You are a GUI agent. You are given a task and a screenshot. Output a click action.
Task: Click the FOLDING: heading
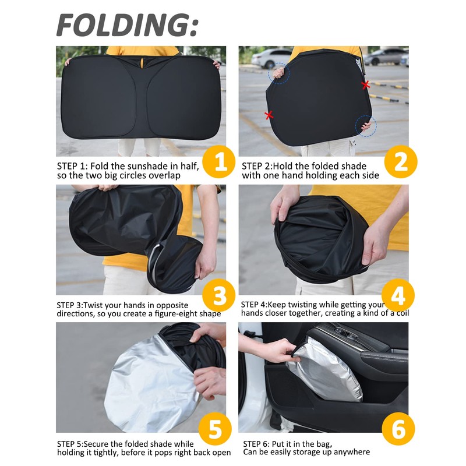127,25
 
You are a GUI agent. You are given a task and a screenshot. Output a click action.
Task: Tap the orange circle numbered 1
219,162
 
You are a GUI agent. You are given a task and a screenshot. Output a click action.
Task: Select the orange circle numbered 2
401,162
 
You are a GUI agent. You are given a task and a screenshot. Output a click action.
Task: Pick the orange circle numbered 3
219,295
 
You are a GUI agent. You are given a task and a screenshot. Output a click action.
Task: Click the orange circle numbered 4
398,295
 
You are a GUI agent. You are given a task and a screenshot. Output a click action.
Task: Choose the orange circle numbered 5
215,429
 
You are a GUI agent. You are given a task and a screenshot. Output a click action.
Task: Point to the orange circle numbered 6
398,429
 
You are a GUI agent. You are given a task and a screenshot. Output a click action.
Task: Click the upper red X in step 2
366,85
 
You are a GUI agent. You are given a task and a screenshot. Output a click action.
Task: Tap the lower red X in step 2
269,115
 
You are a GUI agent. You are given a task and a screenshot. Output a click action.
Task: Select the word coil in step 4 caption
403,313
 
